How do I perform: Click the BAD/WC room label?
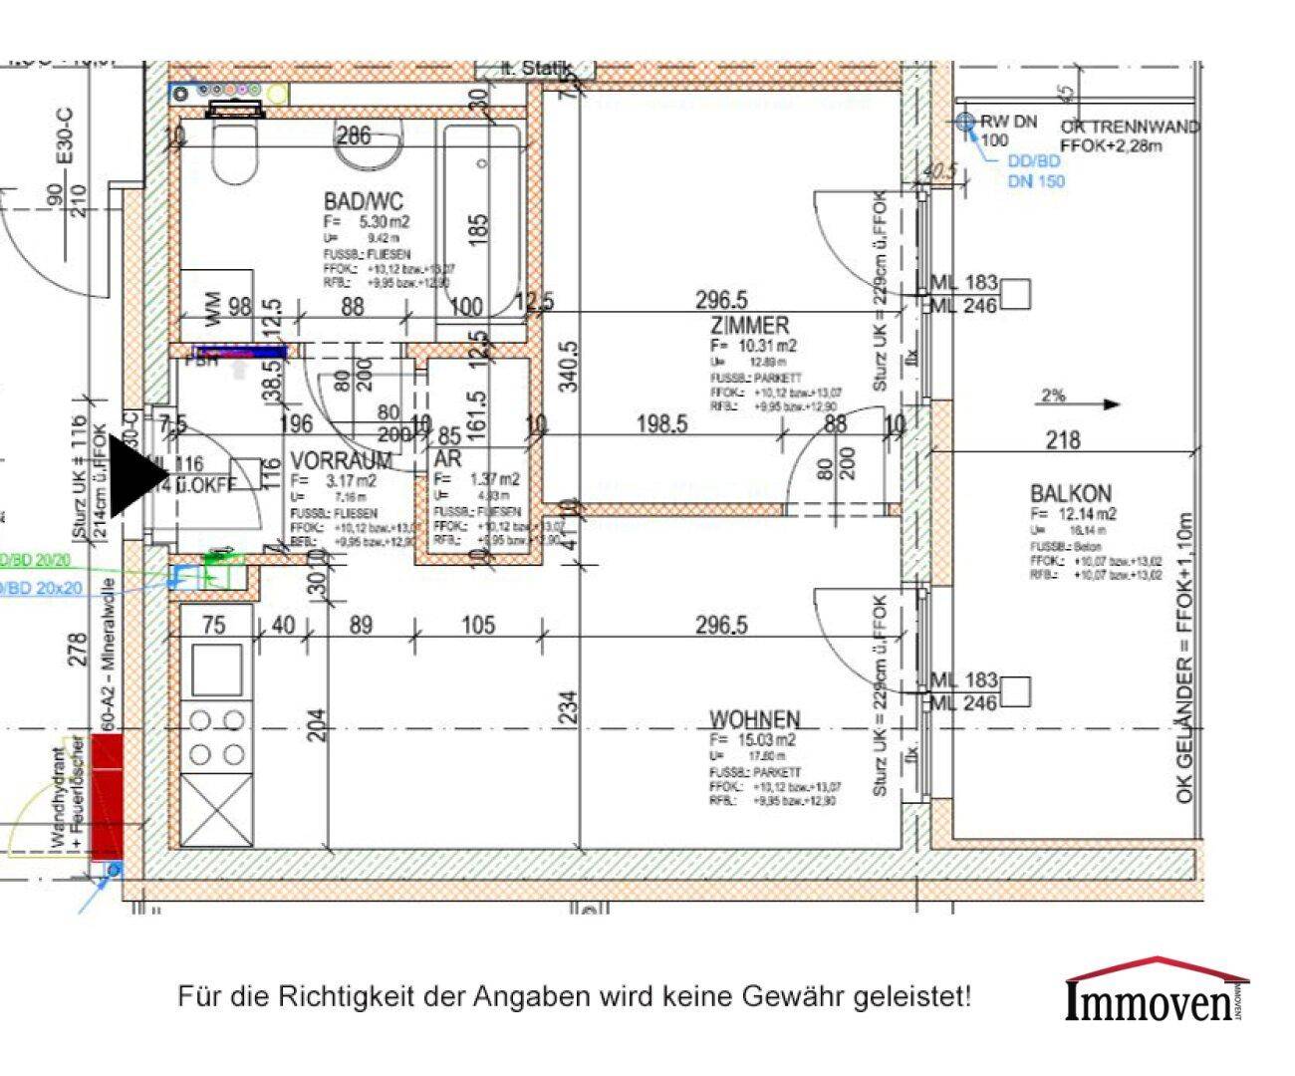click(363, 202)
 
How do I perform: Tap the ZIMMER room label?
click(749, 326)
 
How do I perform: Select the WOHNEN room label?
click(754, 719)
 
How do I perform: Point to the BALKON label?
click(1071, 493)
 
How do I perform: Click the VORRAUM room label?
click(341, 460)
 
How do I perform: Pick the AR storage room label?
click(447, 459)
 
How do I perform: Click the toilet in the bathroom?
click(235, 149)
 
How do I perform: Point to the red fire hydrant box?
click(107, 796)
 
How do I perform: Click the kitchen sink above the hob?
click(216, 670)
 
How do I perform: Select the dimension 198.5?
click(661, 425)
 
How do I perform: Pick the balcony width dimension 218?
click(1063, 439)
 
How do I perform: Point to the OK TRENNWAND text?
click(1130, 128)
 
